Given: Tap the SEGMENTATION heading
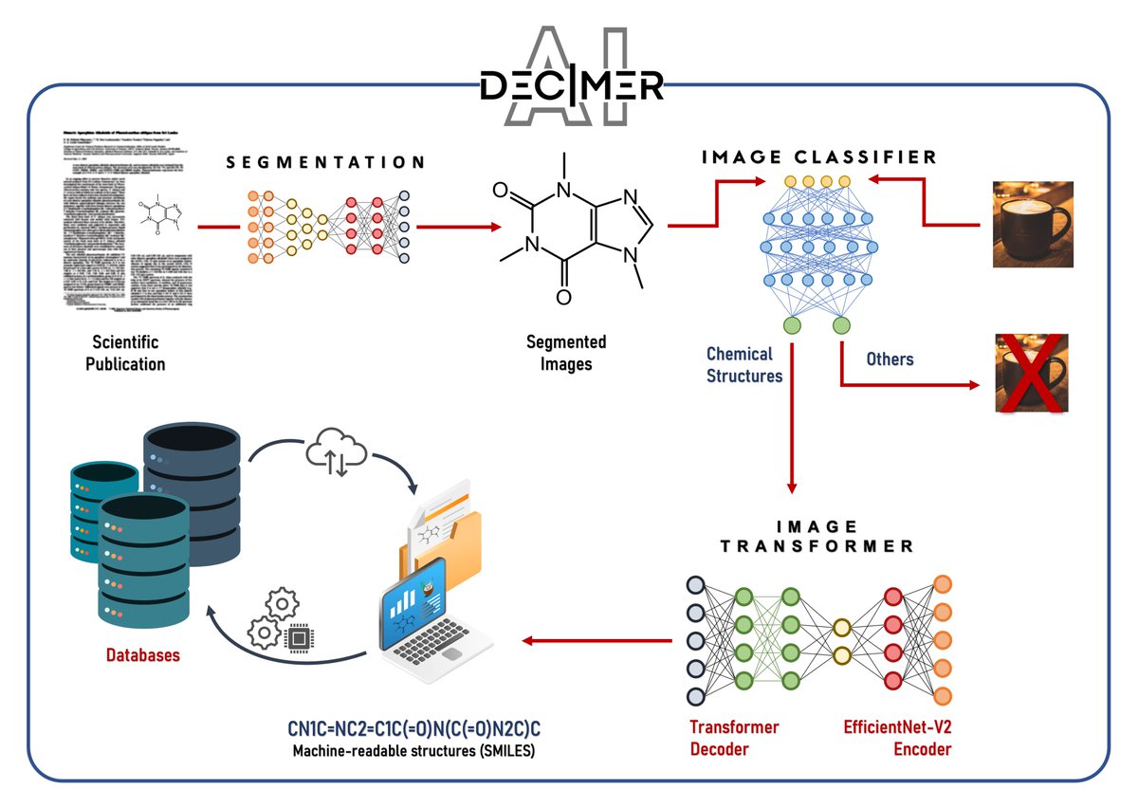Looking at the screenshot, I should [x=326, y=164].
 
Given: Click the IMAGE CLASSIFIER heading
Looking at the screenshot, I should [x=818, y=157].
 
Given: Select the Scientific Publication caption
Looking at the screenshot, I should [x=125, y=353].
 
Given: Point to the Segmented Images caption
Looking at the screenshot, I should [x=566, y=353].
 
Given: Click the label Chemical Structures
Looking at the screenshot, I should [x=744, y=364].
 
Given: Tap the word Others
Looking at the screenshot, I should [x=890, y=359].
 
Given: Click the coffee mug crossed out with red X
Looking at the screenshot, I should [x=1032, y=373].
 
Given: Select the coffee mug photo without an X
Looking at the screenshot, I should [x=1032, y=225].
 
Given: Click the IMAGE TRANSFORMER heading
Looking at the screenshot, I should [x=817, y=537].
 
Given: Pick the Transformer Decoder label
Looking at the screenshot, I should [x=733, y=738].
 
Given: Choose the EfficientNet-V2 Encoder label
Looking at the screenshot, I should [x=897, y=738].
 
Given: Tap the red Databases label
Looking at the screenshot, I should [x=142, y=654].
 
